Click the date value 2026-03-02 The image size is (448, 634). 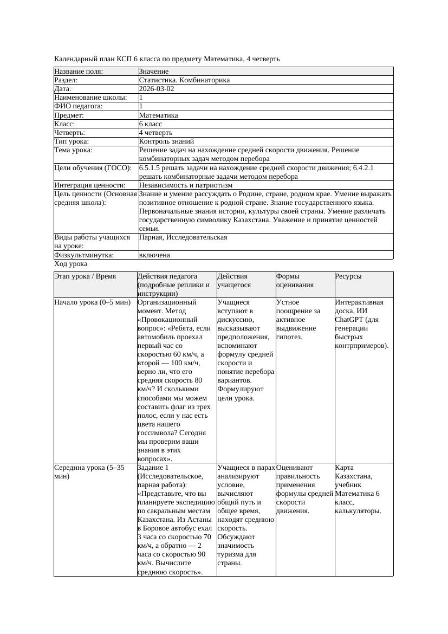coord(157,89)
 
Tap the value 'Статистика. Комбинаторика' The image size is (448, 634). coord(184,80)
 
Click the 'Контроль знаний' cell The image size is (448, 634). coord(166,141)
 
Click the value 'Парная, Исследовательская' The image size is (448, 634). coord(183,237)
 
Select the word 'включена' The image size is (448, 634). coord(154,255)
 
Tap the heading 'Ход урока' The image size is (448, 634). coord(71,264)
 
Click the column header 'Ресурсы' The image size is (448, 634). coord(348,276)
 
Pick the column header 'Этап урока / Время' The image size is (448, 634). coord(85,276)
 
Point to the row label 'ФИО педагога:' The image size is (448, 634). coord(79,106)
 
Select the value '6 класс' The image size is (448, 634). coord(151,124)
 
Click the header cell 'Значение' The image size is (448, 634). coord(154,72)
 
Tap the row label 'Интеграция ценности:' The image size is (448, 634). coord(90,185)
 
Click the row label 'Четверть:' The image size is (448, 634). coord(70,133)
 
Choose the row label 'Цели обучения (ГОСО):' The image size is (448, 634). coord(93,168)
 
